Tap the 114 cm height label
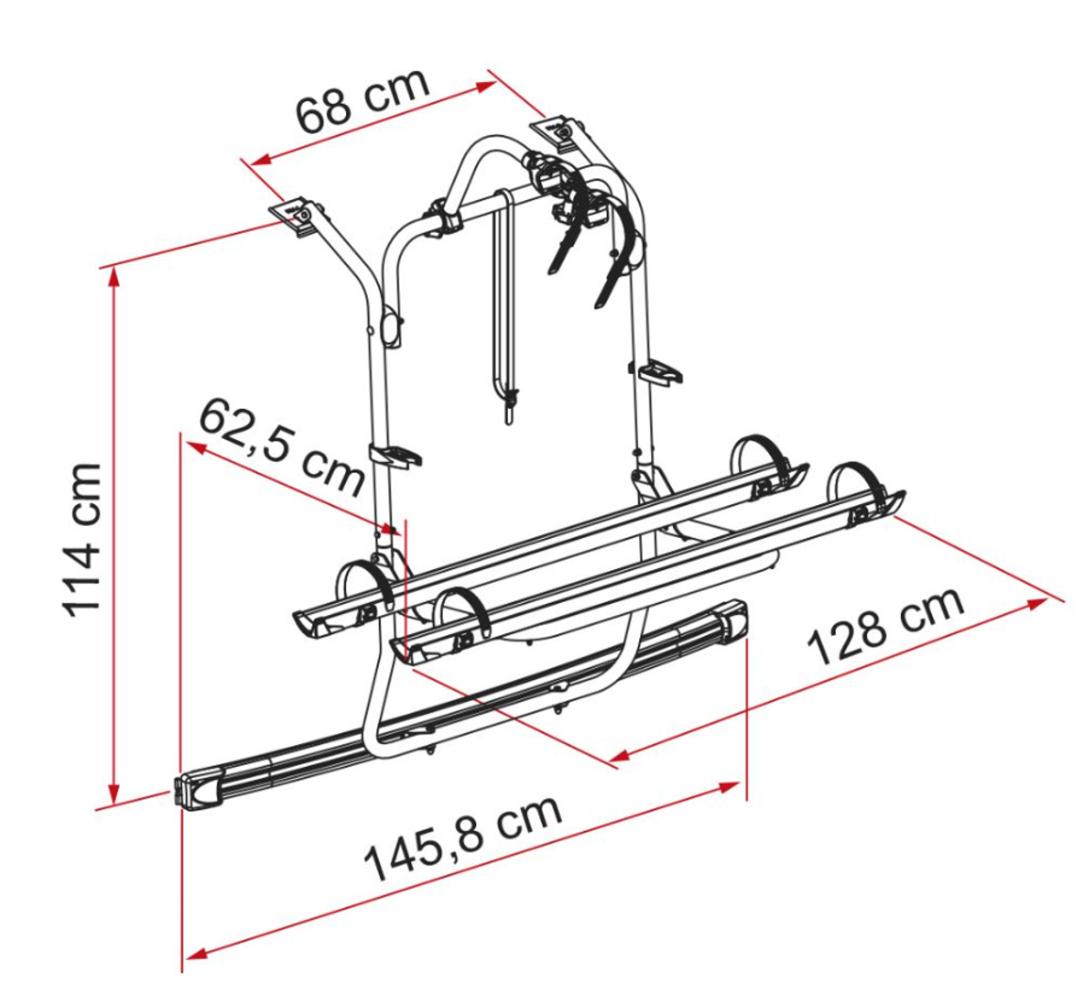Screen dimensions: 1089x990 (x=81, y=540)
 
